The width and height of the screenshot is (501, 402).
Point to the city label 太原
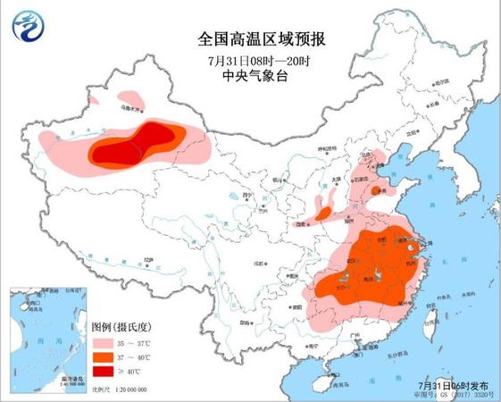[x=337, y=179]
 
